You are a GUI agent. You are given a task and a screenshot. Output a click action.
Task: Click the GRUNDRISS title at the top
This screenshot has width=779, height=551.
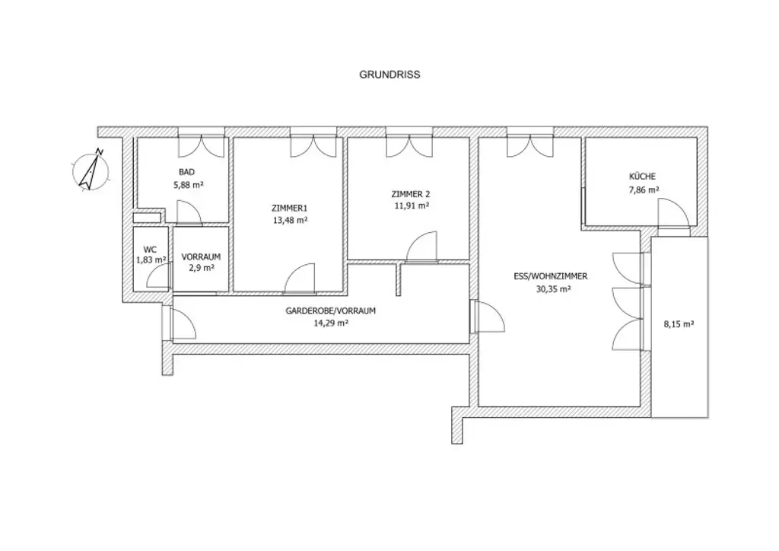(389, 75)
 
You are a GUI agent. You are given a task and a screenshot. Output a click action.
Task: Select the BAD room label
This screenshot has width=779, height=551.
(186, 172)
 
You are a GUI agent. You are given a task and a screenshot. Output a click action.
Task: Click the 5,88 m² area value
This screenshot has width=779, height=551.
(188, 184)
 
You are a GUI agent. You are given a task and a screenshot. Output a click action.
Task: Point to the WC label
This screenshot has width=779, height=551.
(151, 248)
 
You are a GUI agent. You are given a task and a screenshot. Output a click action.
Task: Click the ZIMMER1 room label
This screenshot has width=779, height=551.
(289, 208)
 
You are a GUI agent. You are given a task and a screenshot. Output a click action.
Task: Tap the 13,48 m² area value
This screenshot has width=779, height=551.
(289, 220)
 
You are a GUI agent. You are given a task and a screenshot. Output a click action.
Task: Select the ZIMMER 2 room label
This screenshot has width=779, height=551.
(409, 193)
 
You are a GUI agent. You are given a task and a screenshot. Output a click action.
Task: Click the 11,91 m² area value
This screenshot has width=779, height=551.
(411, 205)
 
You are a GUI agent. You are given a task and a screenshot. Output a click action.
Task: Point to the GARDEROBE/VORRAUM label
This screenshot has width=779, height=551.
(331, 311)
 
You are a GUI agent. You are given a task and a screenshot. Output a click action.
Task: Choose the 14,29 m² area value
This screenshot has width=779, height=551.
(331, 323)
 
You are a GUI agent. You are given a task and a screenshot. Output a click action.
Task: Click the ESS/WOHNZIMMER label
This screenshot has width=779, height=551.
(542, 277)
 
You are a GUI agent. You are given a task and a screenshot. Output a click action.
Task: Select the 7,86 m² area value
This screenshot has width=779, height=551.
(642, 190)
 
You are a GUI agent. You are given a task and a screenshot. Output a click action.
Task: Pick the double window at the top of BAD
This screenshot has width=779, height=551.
(202, 143)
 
